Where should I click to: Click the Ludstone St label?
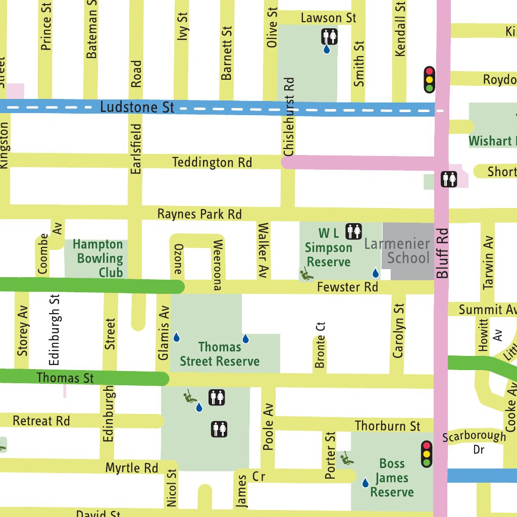(x=137, y=107)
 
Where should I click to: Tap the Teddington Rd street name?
(x=212, y=163)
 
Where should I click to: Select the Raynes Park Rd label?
(x=199, y=214)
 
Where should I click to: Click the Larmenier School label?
(x=397, y=251)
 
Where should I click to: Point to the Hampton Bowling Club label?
(x=97, y=258)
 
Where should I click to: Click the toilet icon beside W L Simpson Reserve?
(x=354, y=231)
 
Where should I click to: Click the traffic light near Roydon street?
(x=429, y=79)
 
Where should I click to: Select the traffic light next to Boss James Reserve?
(x=427, y=454)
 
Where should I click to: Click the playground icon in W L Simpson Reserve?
(x=305, y=275)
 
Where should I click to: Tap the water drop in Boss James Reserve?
(x=365, y=483)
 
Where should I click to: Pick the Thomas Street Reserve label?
(x=220, y=354)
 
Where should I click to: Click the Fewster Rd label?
(x=347, y=287)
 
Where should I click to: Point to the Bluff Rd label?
(x=443, y=254)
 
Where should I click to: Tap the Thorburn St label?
(x=387, y=426)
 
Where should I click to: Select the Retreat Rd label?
(x=41, y=421)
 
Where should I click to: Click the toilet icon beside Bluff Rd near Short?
(x=449, y=179)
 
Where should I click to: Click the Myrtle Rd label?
(x=131, y=468)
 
